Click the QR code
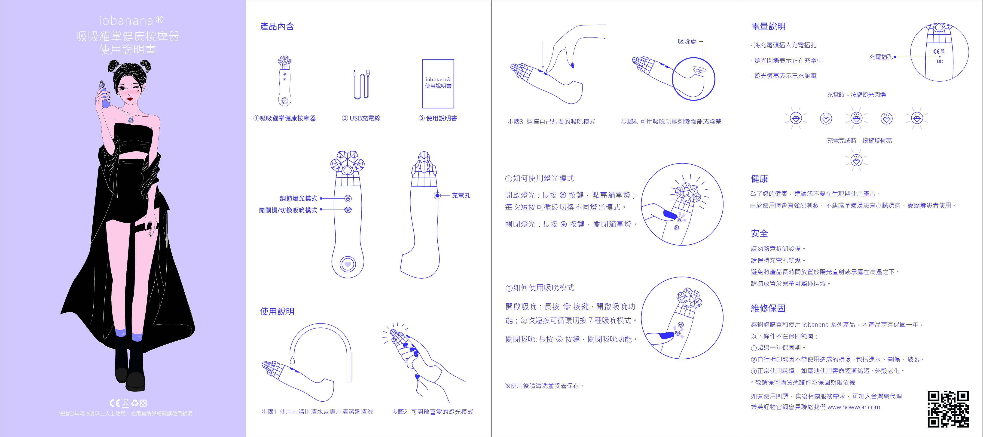click(x=948, y=409)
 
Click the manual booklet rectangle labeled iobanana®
click(x=438, y=84)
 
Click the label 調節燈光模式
click(x=298, y=198)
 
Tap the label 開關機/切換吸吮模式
click(x=288, y=210)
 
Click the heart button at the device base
click(x=348, y=264)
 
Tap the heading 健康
click(x=759, y=179)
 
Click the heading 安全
click(x=759, y=233)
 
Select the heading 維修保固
click(x=768, y=308)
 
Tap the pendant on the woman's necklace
click(x=131, y=120)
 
